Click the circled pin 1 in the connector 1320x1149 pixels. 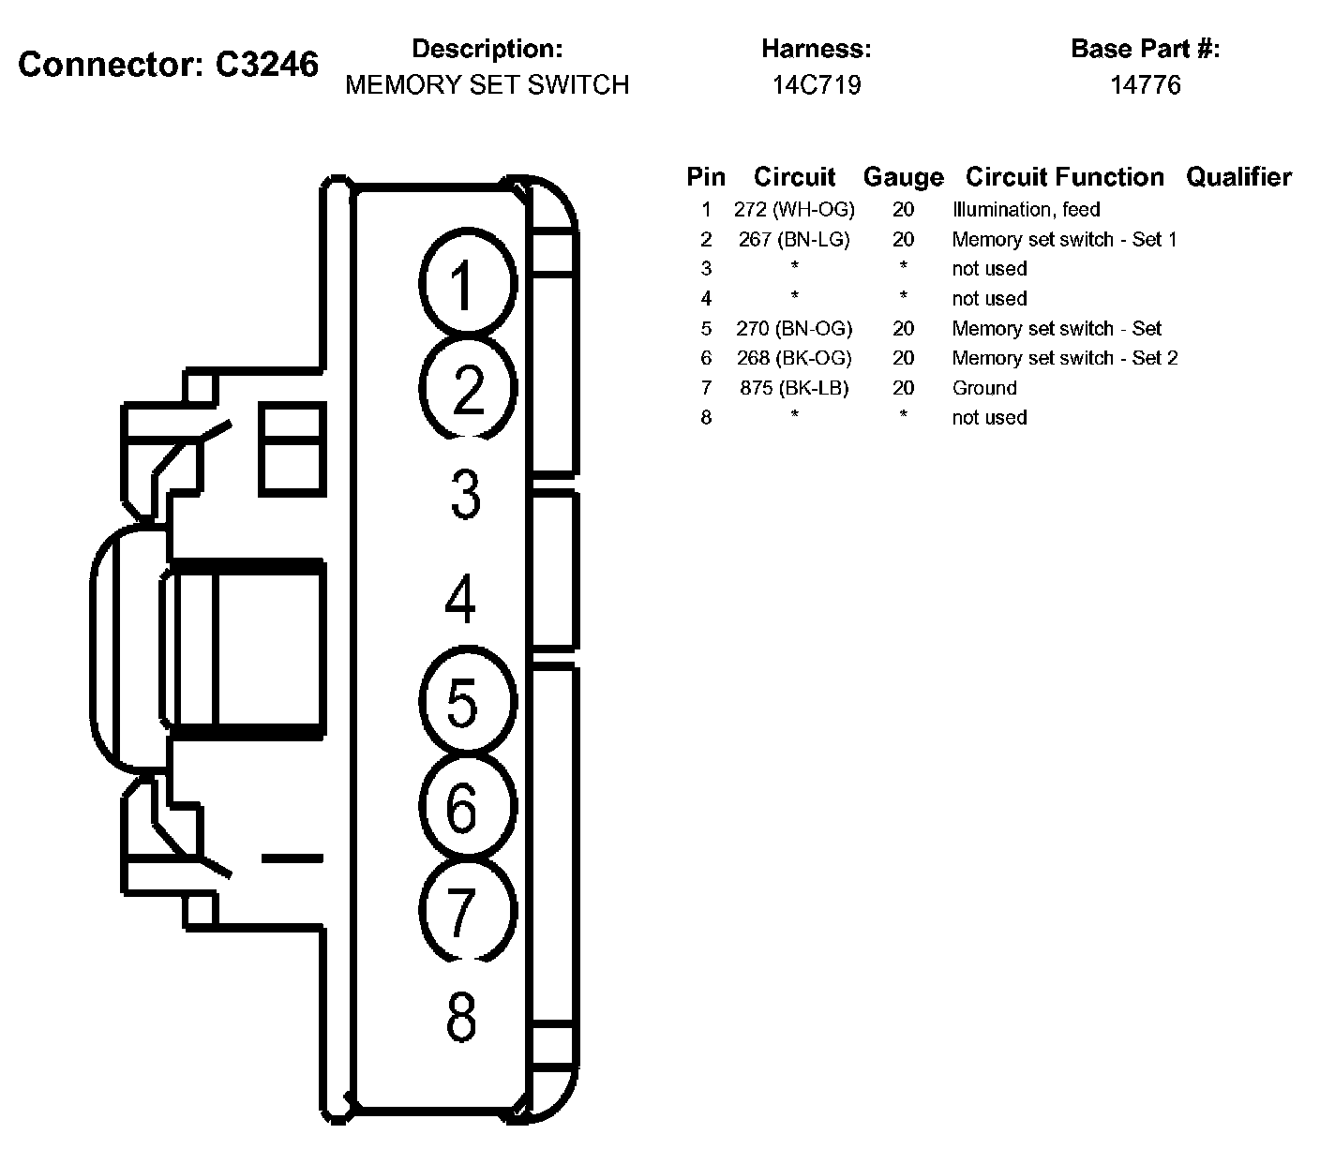(465, 284)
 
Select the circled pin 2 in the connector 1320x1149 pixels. (467, 389)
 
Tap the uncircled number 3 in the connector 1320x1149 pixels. (465, 495)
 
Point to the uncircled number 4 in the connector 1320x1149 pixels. (460, 600)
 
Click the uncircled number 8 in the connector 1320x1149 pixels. (461, 1017)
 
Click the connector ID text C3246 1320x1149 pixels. (267, 65)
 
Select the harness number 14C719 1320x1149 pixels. (817, 85)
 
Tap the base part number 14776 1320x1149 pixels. (1145, 85)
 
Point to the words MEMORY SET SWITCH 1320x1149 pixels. (487, 85)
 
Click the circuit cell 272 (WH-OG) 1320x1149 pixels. (794, 209)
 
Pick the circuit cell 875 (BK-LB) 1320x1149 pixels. (794, 388)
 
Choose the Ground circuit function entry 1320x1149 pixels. (984, 388)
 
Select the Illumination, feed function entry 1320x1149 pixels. (1026, 209)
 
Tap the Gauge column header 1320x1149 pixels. (903, 177)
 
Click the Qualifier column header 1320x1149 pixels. (1238, 177)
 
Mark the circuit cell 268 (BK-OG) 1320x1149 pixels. (794, 358)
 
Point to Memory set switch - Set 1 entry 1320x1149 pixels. (1064, 239)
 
